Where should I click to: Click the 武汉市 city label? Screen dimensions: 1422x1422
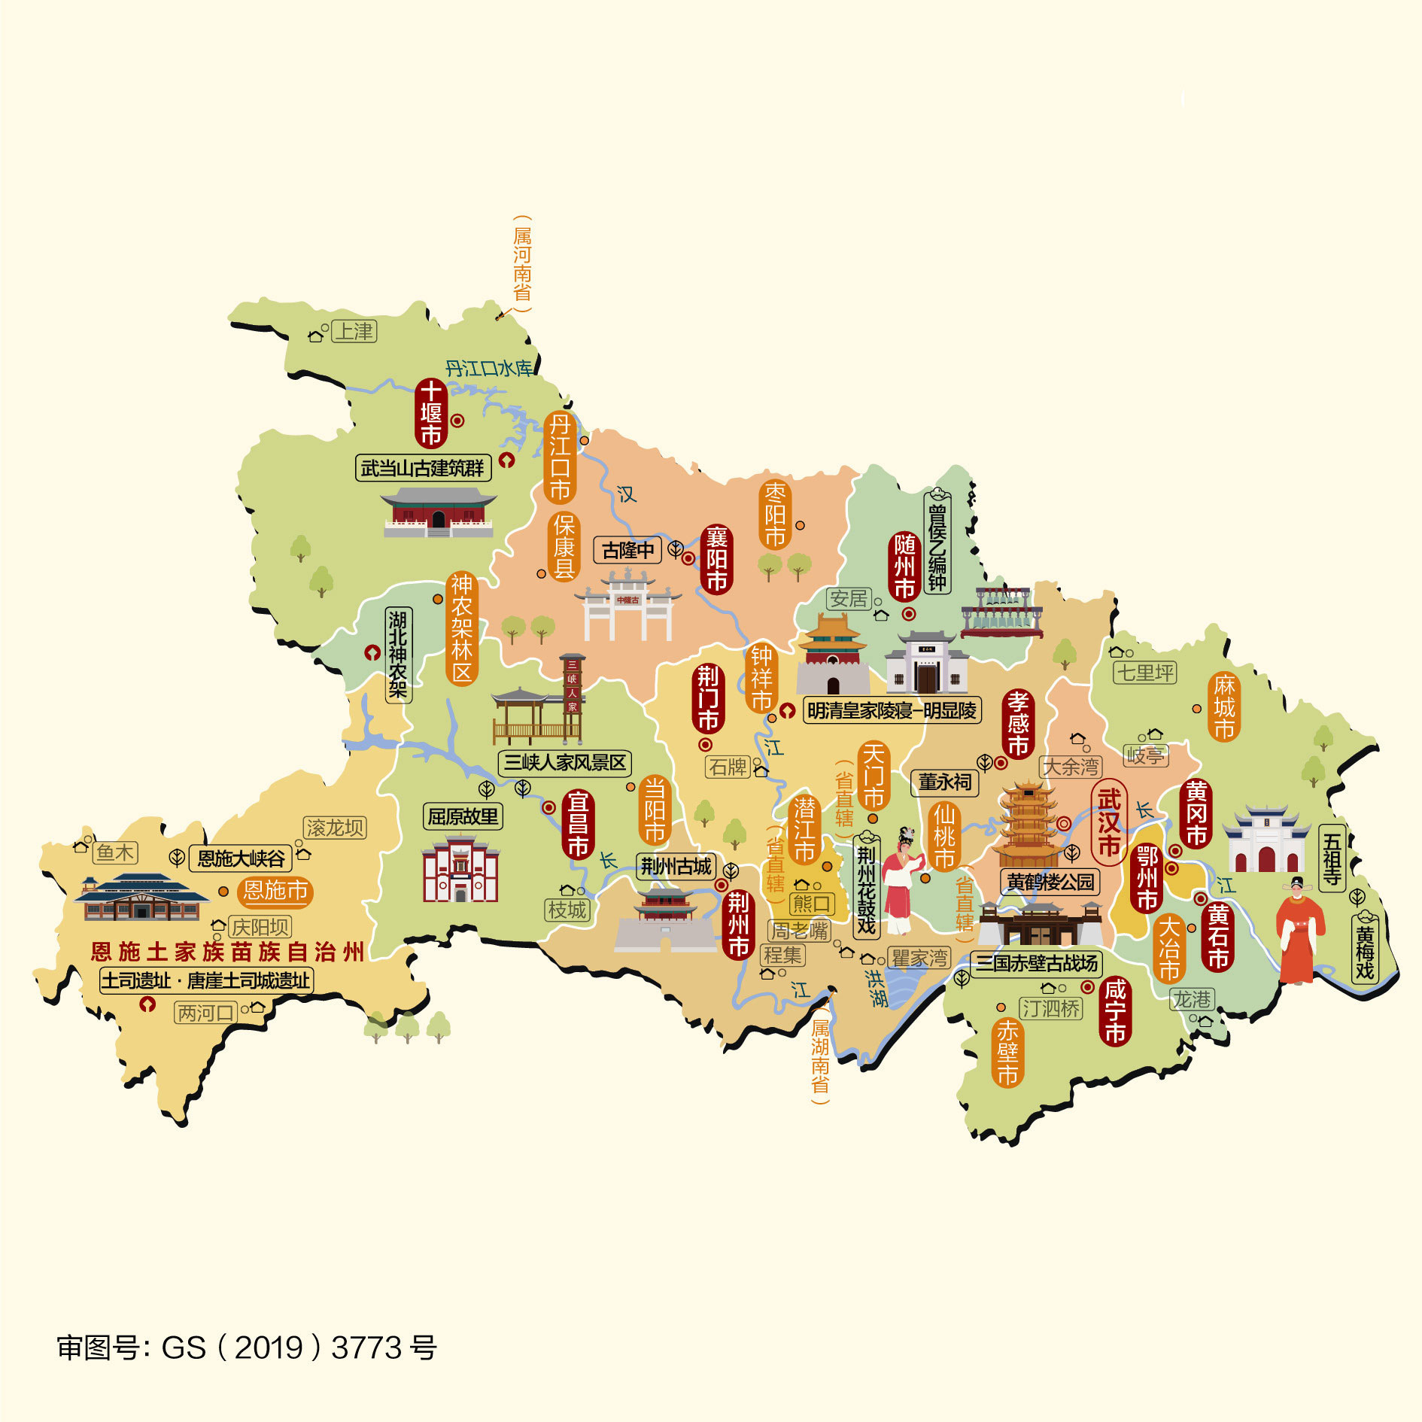[1108, 822]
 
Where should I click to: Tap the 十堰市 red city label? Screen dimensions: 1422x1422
[430, 413]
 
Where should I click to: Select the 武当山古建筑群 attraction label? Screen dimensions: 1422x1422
[423, 468]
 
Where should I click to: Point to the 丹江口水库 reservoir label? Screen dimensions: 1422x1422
[488, 369]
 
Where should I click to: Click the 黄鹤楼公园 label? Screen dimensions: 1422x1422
[1050, 881]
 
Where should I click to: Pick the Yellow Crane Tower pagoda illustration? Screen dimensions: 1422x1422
[1029, 824]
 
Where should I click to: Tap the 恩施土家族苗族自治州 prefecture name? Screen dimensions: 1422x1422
[227, 952]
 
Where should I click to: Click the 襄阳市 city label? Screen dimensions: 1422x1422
[716, 559]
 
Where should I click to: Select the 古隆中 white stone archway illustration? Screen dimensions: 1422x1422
[627, 606]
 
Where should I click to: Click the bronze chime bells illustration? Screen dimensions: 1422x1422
[1001, 612]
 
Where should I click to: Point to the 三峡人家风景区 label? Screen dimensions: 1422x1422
[564, 762]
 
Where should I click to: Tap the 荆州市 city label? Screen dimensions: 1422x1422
[738, 924]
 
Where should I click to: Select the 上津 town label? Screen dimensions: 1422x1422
[354, 331]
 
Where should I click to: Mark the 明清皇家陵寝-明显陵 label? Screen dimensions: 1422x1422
[892, 710]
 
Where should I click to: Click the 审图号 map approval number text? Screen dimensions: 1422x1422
[247, 1348]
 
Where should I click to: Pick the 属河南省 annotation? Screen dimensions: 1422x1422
[522, 263]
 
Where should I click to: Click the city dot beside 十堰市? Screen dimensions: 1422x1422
[457, 421]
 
